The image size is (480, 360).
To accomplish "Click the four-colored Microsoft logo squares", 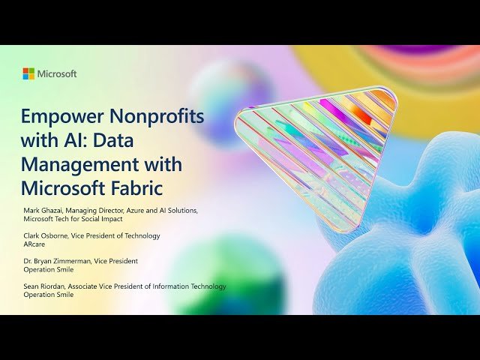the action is point(28,73).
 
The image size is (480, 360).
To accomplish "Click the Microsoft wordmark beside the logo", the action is point(57,73).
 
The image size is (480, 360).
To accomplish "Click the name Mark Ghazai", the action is point(43,211).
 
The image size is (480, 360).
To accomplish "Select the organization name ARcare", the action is point(34,244).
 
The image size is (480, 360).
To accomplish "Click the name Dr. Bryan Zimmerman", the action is point(57,261).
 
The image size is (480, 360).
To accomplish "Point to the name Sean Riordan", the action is point(44,286).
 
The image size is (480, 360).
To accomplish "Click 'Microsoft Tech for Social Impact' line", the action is point(73,219).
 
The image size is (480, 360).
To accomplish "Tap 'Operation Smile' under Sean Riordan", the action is point(48,295).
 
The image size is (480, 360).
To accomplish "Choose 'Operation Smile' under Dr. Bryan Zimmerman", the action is point(48,270).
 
